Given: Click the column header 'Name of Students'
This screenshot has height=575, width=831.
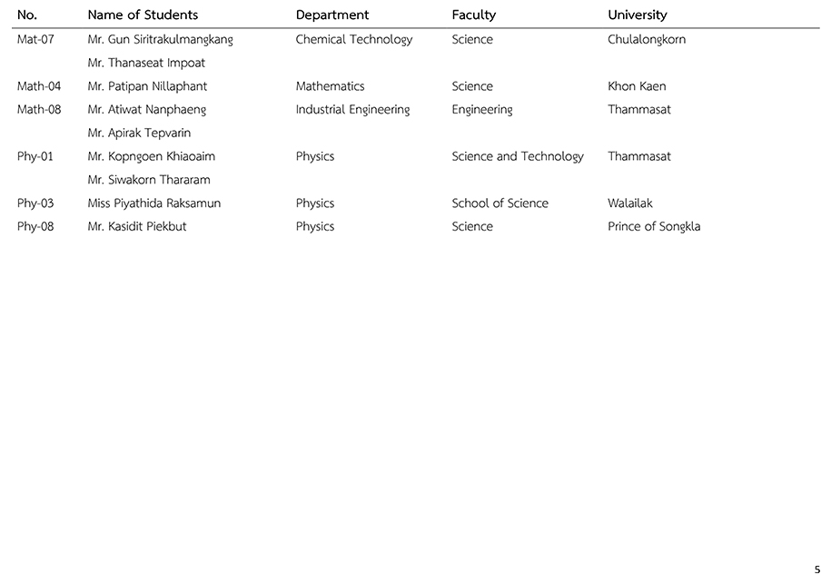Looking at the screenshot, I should (143, 15).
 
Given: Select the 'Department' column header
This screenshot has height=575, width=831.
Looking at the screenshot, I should (332, 15).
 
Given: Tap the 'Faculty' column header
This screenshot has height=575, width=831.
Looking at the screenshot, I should (474, 15).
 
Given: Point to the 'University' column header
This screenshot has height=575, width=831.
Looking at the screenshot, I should (638, 15).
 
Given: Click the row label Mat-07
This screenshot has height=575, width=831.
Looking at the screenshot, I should (36, 40).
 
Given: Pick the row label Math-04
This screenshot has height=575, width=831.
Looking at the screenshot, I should (39, 86).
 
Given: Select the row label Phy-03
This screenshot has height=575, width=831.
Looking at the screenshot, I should (35, 203).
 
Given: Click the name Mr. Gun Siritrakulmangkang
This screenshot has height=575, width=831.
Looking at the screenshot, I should (161, 40).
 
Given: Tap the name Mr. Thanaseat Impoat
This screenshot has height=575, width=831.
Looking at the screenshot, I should (146, 64).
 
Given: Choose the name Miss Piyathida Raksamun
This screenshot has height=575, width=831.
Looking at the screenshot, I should (154, 203).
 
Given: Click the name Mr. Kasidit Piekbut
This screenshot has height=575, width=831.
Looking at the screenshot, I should (137, 227).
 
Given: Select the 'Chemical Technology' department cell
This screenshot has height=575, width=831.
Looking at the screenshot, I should (354, 40).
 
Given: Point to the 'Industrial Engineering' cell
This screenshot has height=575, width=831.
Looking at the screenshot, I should (352, 110).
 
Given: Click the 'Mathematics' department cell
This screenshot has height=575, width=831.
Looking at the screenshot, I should (330, 86).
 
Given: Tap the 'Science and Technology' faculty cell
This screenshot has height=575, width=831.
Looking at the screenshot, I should (518, 156).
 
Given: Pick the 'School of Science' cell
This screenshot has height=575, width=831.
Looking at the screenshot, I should (500, 203).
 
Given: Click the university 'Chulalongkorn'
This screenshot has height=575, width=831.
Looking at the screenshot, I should (647, 40).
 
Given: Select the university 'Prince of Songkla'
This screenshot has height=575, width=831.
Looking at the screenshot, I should (654, 227).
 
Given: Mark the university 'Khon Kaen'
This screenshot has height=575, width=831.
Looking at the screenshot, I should (637, 86).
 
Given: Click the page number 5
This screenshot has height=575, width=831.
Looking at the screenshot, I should (817, 570).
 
